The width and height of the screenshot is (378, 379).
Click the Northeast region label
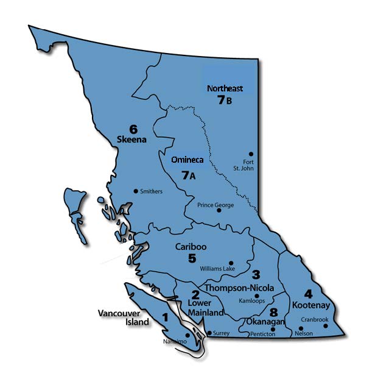(225, 88)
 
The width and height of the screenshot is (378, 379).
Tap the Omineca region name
(187, 160)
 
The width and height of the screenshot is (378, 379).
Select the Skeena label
(132, 140)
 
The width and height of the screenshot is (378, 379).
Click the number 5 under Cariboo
(192, 258)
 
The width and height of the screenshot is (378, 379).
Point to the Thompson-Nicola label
(239, 288)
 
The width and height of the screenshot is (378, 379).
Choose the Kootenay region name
(310, 304)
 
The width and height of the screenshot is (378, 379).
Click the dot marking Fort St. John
(251, 154)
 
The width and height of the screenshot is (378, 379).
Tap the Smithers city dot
(136, 191)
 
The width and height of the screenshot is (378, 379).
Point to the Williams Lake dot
(231, 260)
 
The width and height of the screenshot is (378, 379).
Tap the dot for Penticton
(273, 329)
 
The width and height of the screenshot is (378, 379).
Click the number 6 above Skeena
(133, 129)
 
